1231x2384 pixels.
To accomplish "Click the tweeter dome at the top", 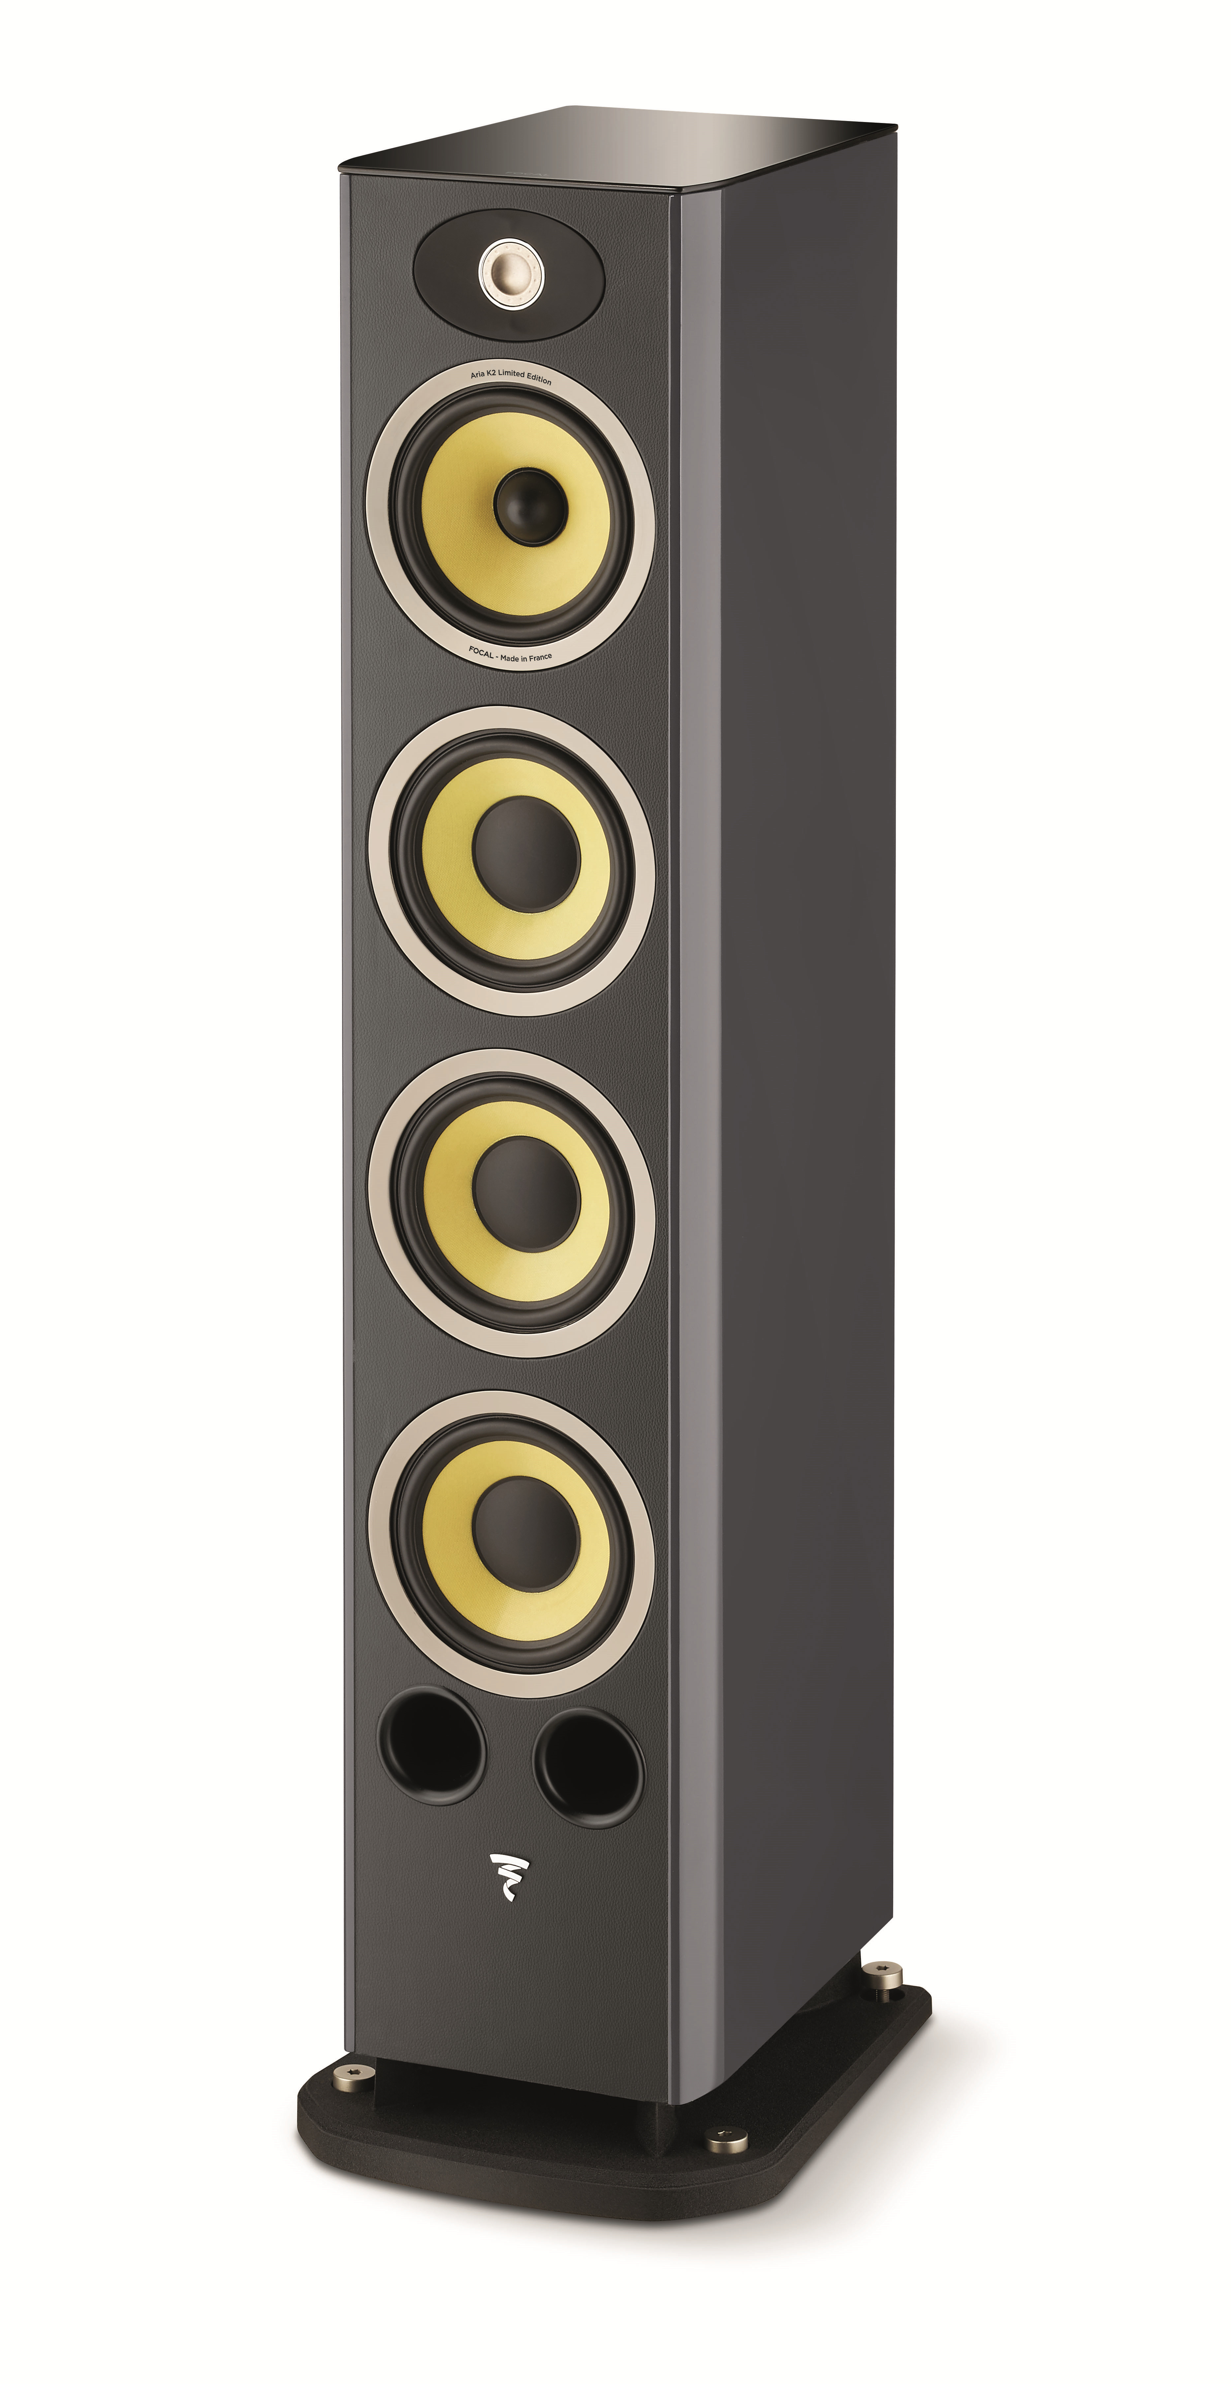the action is (x=508, y=272).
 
